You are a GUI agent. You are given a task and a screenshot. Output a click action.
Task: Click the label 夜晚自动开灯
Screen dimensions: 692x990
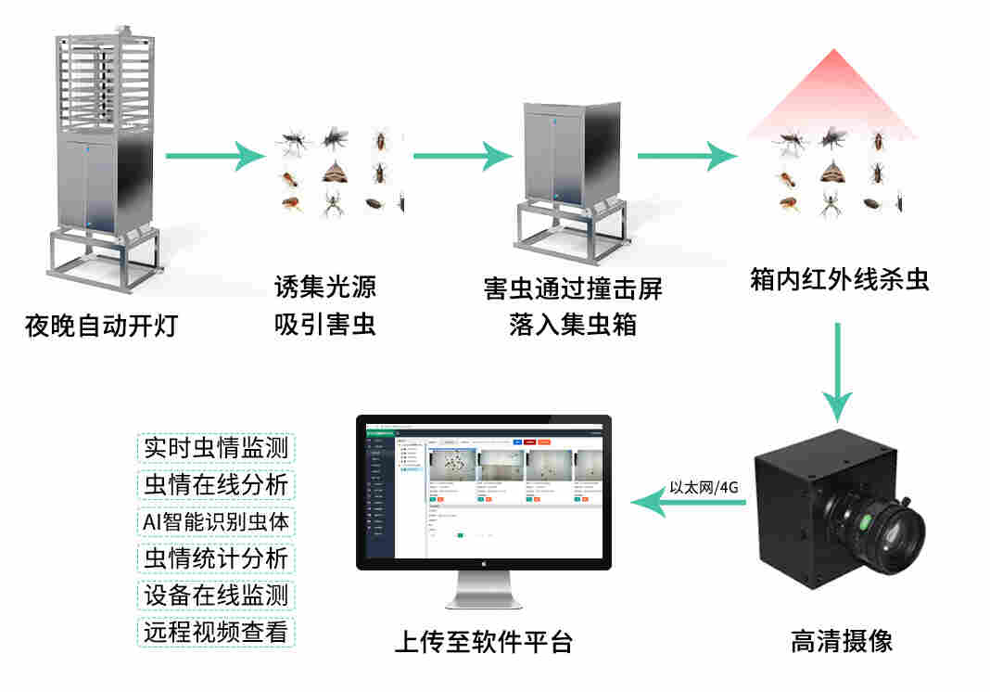click(x=101, y=327)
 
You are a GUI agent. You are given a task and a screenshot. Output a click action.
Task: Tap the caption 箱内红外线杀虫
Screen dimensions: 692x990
click(x=839, y=280)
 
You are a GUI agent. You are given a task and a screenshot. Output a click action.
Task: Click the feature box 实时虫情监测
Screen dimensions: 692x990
click(x=216, y=448)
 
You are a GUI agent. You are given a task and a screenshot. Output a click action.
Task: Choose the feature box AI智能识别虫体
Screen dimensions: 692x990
click(x=216, y=521)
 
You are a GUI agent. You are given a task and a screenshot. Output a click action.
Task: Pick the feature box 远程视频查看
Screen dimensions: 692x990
click(x=216, y=632)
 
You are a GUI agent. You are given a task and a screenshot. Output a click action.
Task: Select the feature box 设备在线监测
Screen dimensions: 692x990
click(x=216, y=595)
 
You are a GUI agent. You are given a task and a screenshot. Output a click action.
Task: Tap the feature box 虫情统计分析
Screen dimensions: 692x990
click(x=216, y=558)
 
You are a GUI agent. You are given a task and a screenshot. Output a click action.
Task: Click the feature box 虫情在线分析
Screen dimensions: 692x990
click(x=216, y=484)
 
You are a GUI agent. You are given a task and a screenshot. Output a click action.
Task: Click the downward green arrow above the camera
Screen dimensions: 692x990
click(x=838, y=371)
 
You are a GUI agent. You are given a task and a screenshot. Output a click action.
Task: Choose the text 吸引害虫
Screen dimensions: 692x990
click(x=325, y=326)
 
